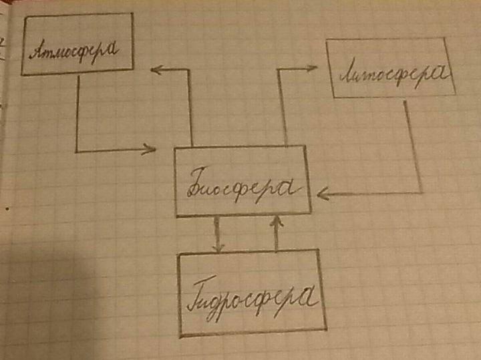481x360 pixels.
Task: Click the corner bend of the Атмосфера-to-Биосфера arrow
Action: [x=77, y=151]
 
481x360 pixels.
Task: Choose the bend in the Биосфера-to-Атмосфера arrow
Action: [x=192, y=68]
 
